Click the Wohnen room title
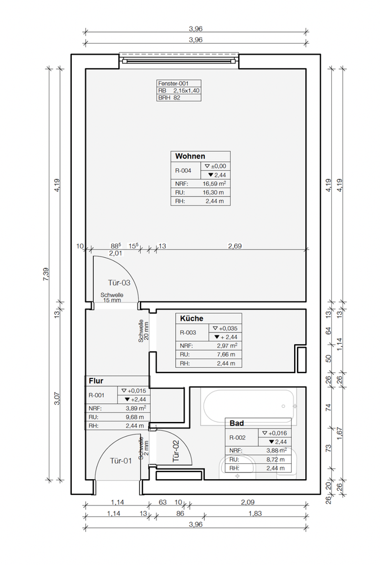190,157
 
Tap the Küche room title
192,318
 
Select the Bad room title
236,423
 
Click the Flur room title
96,381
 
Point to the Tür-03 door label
119,283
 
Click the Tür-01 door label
121,460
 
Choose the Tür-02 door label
176,451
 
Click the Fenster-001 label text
174,83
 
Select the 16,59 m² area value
214,184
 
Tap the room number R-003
188,333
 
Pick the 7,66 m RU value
226,354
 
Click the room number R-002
238,437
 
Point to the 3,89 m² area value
136,408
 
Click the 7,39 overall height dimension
46,275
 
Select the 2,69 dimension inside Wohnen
235,246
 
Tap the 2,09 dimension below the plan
248,502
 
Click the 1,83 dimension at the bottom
255,513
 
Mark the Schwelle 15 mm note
112,297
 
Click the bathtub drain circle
284,407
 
